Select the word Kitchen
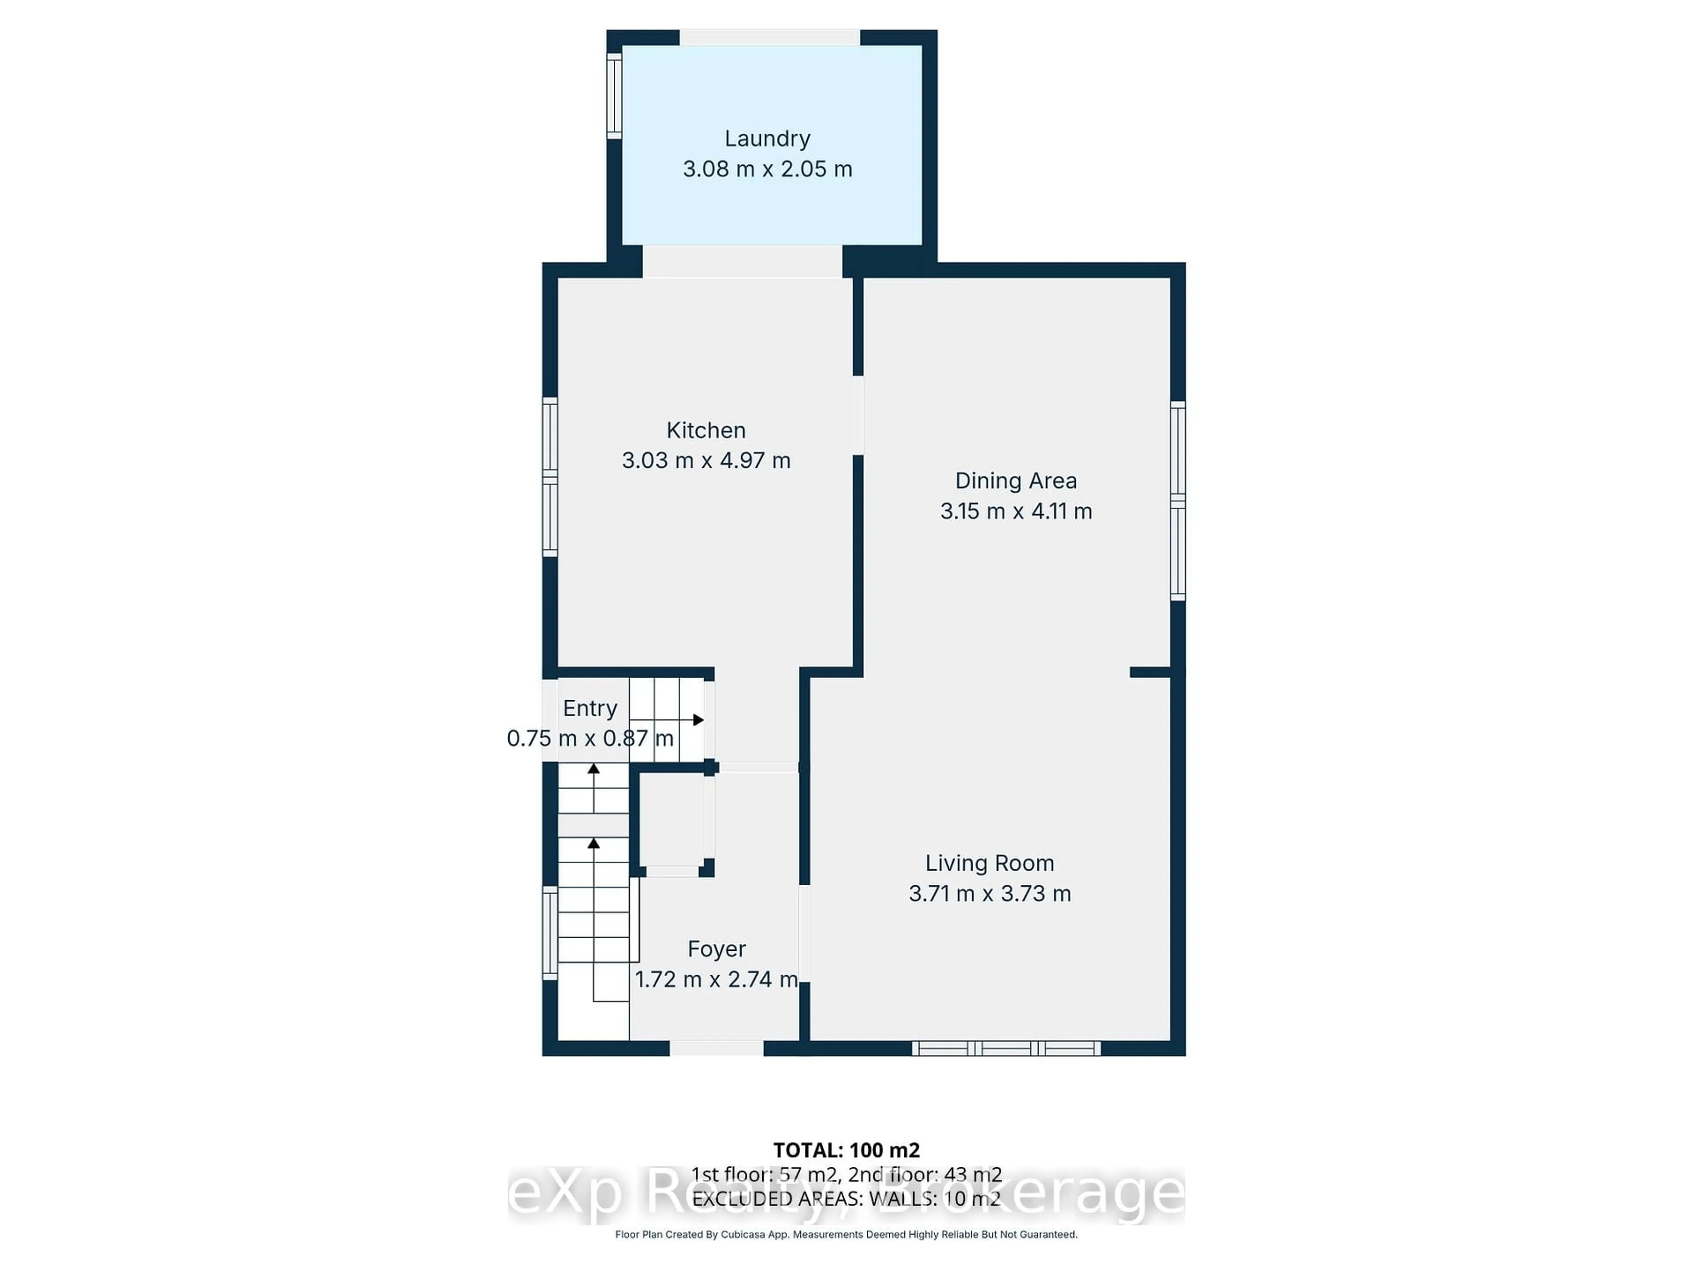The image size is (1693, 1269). coord(706,430)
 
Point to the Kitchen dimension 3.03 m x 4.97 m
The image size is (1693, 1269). coord(706,460)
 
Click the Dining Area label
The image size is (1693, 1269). coord(1016,481)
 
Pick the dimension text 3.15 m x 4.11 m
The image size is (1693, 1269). coord(1016,511)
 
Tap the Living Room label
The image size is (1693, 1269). coord(990,864)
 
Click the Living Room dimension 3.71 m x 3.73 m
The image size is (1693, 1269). coord(990,894)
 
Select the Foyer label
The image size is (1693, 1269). coord(716,949)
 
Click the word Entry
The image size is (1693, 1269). coord(590,709)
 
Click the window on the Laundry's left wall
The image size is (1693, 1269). coord(614,96)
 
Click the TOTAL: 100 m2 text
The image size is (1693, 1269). coord(846,1150)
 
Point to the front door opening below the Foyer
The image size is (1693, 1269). coord(716,1048)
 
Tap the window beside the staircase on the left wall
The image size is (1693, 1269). coord(549,932)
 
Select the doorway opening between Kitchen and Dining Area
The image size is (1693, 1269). coord(858,416)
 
